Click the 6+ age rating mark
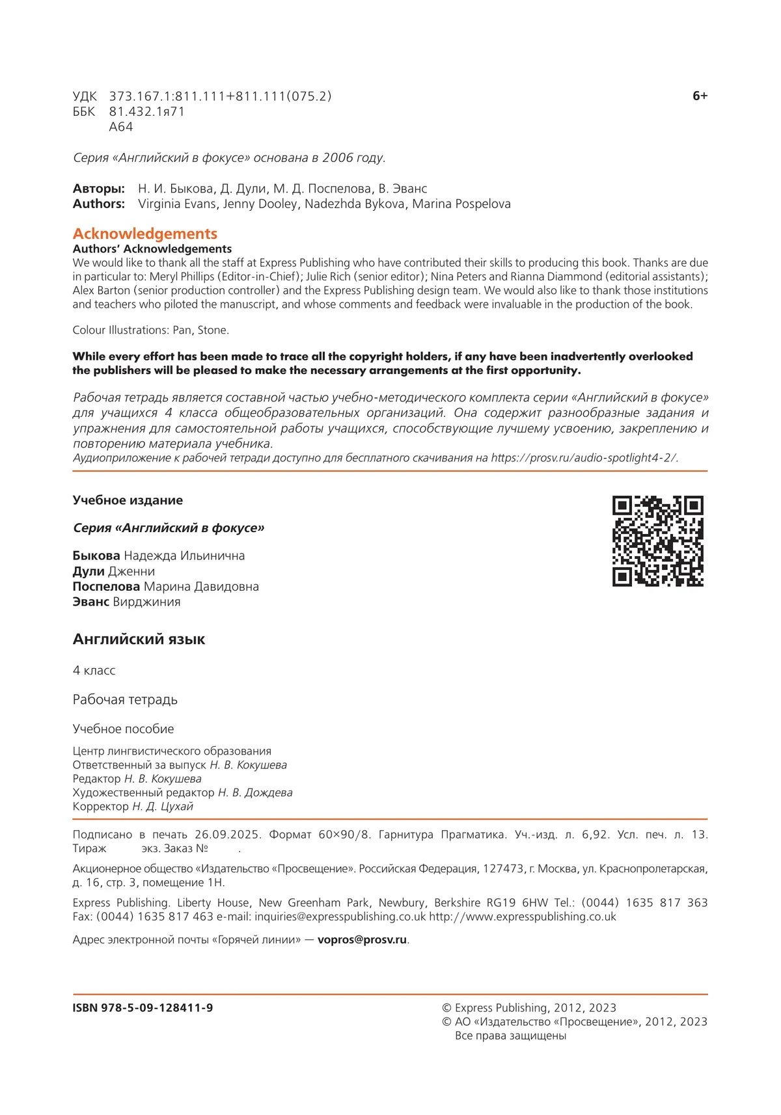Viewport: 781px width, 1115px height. (x=700, y=96)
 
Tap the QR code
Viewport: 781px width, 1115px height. (x=657, y=541)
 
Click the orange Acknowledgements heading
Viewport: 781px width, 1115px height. (x=145, y=234)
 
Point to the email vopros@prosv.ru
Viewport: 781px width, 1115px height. (x=362, y=939)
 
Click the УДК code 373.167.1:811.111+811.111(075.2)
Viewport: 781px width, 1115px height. (x=220, y=96)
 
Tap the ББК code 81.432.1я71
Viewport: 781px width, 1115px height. (x=146, y=112)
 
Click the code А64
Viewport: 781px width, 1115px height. (x=121, y=127)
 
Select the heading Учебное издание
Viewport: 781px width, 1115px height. (x=128, y=500)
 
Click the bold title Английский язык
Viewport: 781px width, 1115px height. (x=139, y=639)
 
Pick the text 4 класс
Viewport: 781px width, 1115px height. (x=94, y=670)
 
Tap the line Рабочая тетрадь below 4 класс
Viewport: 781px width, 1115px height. (x=125, y=699)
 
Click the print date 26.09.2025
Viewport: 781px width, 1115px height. (x=228, y=835)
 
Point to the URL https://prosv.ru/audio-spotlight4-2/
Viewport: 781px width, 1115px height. (x=584, y=458)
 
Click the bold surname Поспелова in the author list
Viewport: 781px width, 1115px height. (x=106, y=587)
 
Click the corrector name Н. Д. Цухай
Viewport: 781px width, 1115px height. (x=163, y=807)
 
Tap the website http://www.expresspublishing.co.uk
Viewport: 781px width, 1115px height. (x=522, y=917)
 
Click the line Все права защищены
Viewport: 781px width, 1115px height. (x=510, y=1036)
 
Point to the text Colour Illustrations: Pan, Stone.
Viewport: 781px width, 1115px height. (x=151, y=330)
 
